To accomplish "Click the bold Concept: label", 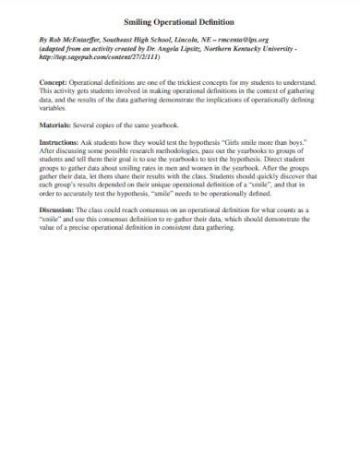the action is [x=54, y=81].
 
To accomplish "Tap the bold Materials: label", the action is [x=58, y=123].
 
